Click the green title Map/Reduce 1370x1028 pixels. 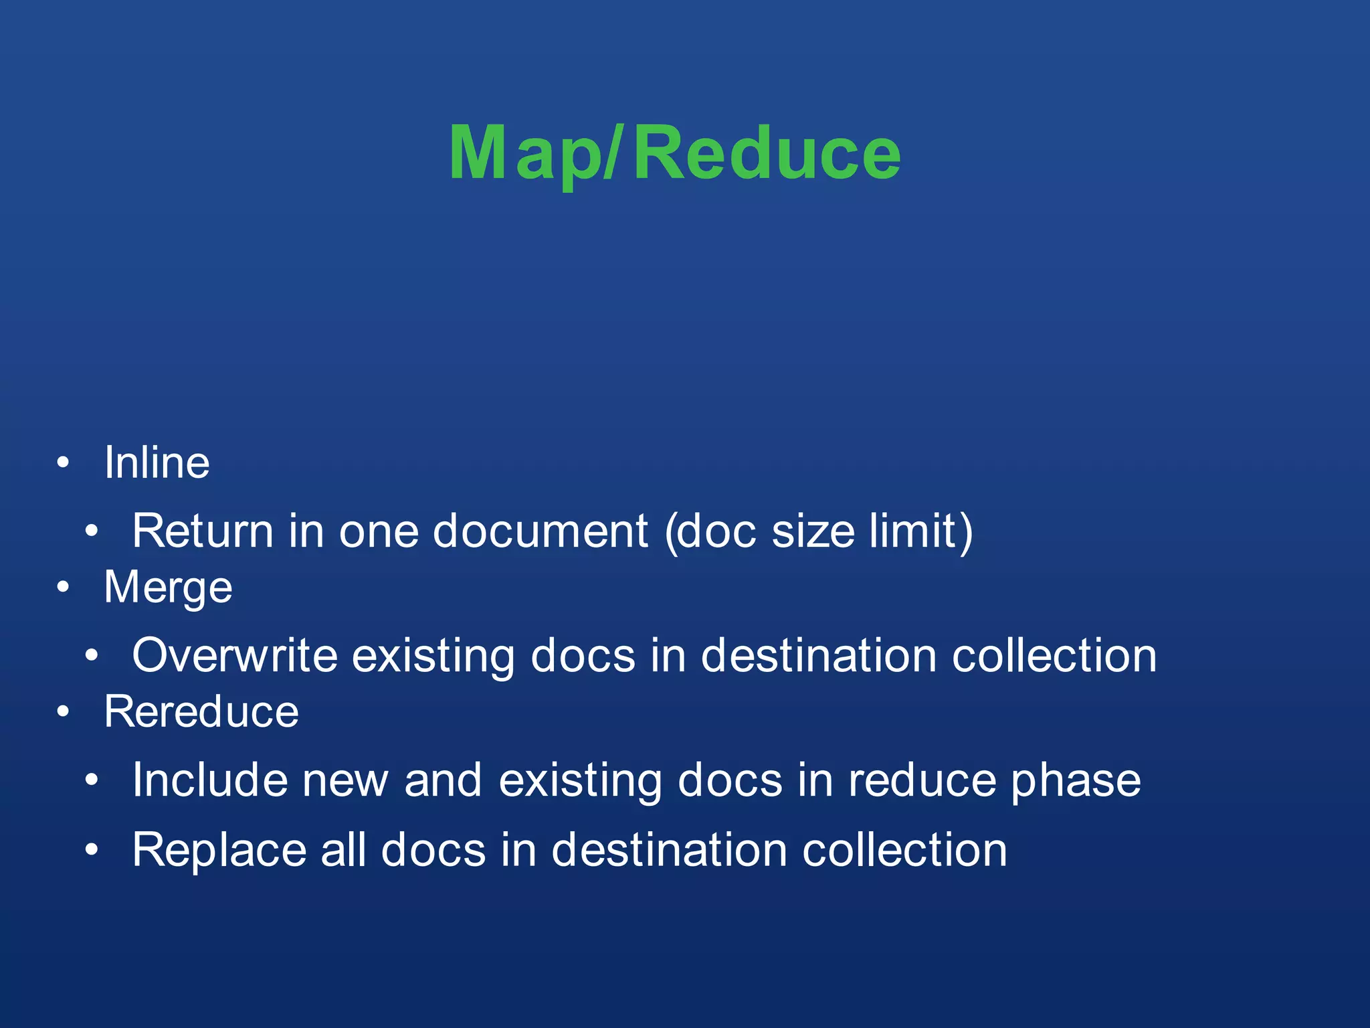[x=675, y=154]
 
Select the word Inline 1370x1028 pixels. [x=157, y=462]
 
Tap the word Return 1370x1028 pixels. [x=203, y=531]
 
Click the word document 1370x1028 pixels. [x=541, y=531]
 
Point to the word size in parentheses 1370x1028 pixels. [x=813, y=531]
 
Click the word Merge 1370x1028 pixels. [x=168, y=588]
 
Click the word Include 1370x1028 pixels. [x=209, y=780]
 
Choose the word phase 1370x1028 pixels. [x=1075, y=781]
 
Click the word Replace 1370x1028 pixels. [x=219, y=850]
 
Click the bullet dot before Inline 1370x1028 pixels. [x=63, y=462]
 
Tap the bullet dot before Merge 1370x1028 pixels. [x=63, y=587]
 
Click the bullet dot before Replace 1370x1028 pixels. [x=92, y=850]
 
